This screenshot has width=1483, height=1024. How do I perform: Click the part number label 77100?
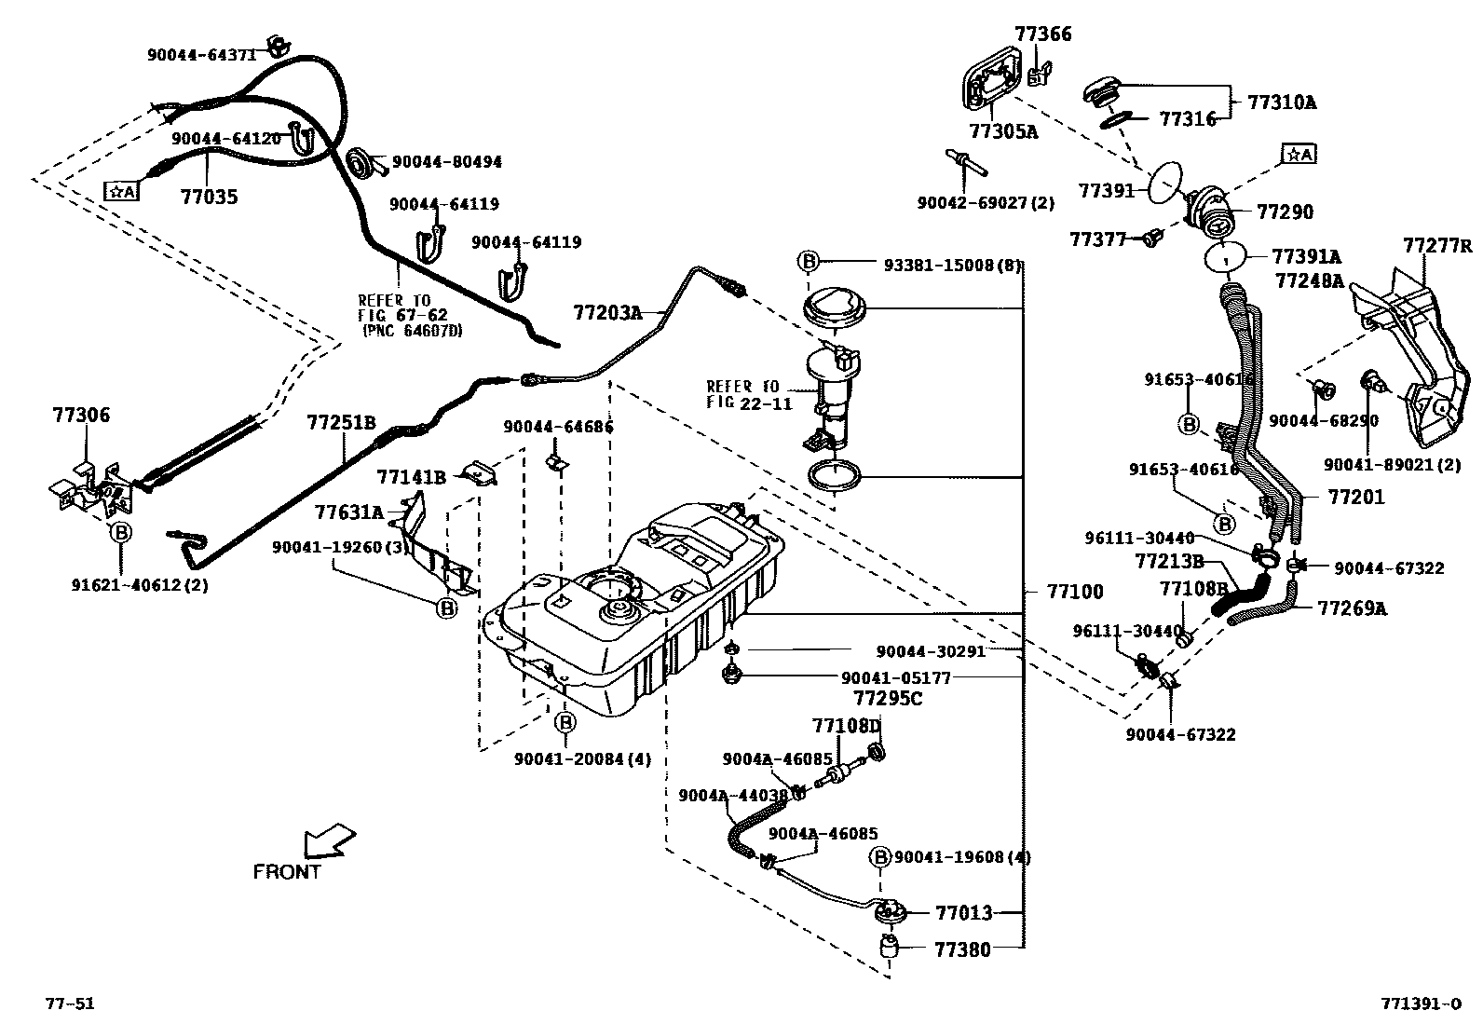(x=1075, y=592)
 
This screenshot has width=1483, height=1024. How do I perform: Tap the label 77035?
(x=209, y=197)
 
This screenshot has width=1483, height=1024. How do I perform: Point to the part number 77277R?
(x=1438, y=246)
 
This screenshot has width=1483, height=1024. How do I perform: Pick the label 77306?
(x=80, y=415)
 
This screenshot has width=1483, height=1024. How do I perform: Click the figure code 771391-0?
(x=1421, y=1004)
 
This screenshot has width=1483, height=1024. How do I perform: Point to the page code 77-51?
(x=70, y=1004)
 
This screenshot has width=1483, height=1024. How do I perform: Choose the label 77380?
(x=963, y=949)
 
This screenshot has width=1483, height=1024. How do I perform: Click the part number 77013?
(x=963, y=913)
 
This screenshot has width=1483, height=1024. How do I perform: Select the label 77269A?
(x=1352, y=608)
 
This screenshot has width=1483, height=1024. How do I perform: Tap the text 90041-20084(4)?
(x=582, y=758)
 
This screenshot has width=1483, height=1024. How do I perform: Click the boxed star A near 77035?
(x=121, y=191)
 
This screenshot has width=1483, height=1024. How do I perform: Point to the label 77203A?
(x=607, y=312)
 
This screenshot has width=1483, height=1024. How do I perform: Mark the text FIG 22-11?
(x=749, y=403)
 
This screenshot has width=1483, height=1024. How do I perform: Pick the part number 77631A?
(x=348, y=512)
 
